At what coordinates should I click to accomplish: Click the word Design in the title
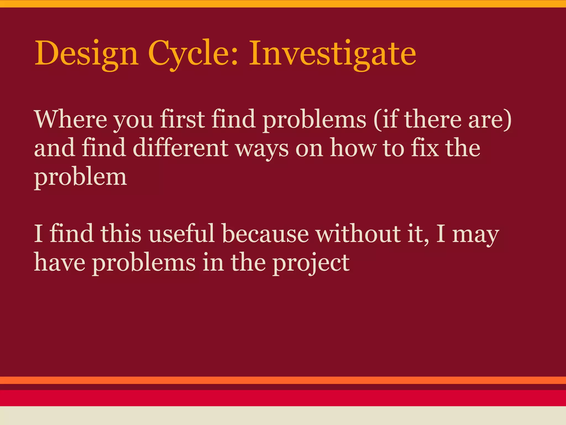click(86, 53)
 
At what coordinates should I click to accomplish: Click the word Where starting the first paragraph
click(70, 120)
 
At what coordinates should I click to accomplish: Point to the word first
click(182, 120)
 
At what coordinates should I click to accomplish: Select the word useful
click(181, 234)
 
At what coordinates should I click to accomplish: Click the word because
click(265, 234)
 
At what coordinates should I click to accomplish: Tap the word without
click(358, 234)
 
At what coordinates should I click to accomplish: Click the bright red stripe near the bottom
click(283, 398)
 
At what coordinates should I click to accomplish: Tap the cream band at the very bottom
click(283, 416)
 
